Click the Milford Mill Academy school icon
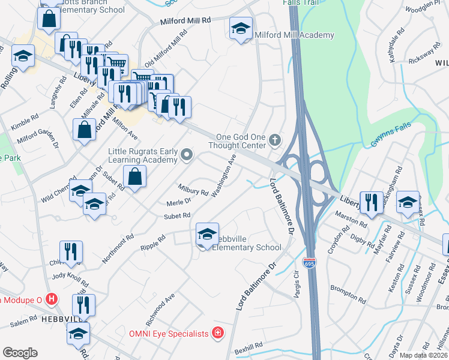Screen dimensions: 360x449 (x=241, y=28)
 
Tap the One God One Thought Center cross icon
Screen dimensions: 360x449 (x=276, y=140)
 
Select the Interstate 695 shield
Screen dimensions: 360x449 (x=309, y=263)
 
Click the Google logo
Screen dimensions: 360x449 (x=20, y=352)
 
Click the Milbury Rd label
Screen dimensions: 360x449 (x=193, y=190)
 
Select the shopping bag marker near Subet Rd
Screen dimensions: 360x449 (x=135, y=177)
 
